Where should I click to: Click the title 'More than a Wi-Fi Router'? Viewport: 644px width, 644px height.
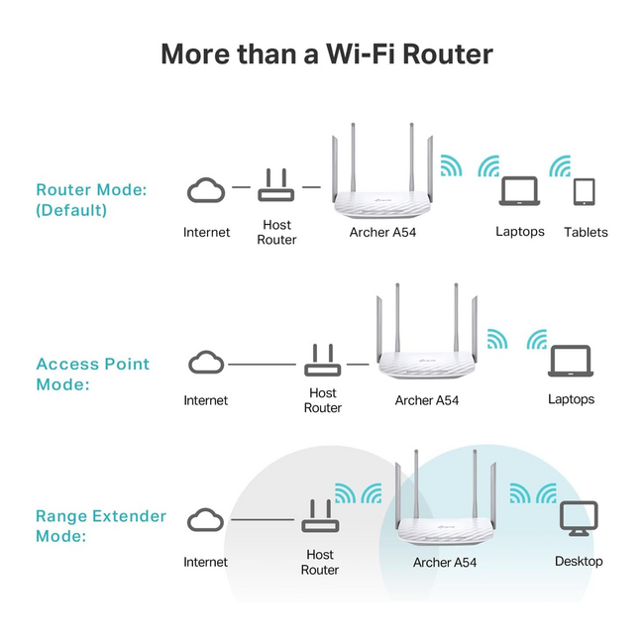(x=326, y=54)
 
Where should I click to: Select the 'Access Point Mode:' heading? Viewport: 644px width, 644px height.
(x=93, y=374)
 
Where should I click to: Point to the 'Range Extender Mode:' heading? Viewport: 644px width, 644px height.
(x=101, y=526)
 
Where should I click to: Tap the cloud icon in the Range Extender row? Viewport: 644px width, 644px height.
(x=206, y=520)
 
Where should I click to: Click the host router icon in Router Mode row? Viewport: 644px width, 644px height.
(x=276, y=186)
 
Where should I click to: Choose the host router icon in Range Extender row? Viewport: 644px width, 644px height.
(x=319, y=517)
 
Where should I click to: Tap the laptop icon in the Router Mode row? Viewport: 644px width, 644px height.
(x=519, y=190)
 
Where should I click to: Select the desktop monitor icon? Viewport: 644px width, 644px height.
(x=579, y=517)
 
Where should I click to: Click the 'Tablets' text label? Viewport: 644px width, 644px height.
(x=586, y=232)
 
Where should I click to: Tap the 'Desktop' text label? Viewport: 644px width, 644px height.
(x=579, y=562)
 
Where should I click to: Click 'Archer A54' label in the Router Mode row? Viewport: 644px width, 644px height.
(x=382, y=232)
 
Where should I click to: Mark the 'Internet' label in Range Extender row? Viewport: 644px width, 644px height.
(x=206, y=562)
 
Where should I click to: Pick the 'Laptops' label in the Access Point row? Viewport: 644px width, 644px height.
(x=571, y=399)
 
